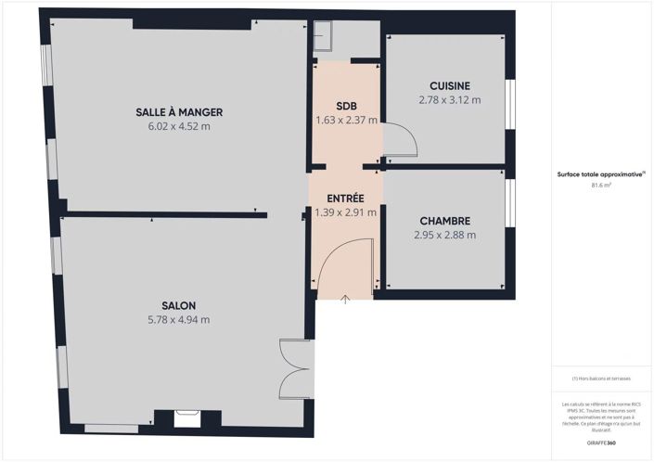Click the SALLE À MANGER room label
(179, 112)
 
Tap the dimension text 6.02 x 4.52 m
(179, 126)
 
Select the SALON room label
(179, 305)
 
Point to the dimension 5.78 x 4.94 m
(179, 320)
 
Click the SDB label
(346, 105)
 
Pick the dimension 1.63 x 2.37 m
(346, 119)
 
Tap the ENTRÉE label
(345, 199)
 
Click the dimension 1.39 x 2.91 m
(345, 212)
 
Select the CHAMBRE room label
(444, 221)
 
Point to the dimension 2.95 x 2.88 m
(444, 236)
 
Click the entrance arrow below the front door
(345, 299)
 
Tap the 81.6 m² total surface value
(601, 186)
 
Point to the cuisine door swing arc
(401, 141)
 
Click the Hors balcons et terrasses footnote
(601, 378)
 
